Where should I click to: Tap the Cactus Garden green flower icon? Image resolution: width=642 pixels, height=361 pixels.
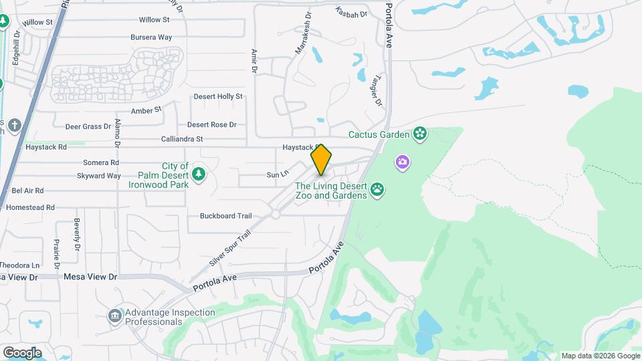(x=420, y=134)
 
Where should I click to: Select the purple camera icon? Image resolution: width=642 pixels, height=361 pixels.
(x=402, y=162)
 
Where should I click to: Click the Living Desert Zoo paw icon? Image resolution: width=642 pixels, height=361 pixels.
(x=379, y=189)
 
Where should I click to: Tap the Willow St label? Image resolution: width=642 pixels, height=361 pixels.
(x=154, y=20)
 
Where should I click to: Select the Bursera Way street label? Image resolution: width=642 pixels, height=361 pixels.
(x=151, y=37)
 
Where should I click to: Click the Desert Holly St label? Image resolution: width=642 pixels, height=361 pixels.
(x=218, y=96)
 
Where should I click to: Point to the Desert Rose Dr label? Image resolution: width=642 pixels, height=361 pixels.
(x=212, y=124)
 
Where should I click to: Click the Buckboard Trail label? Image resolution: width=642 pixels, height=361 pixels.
(x=225, y=216)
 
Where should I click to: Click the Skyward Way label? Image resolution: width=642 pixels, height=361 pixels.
(x=99, y=176)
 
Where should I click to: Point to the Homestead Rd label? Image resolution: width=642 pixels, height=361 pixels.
(x=30, y=208)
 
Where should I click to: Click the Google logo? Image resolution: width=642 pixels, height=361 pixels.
(x=22, y=352)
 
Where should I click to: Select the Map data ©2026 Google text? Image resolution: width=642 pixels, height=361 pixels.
(x=601, y=356)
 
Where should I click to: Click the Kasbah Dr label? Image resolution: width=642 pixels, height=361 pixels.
(x=352, y=12)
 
